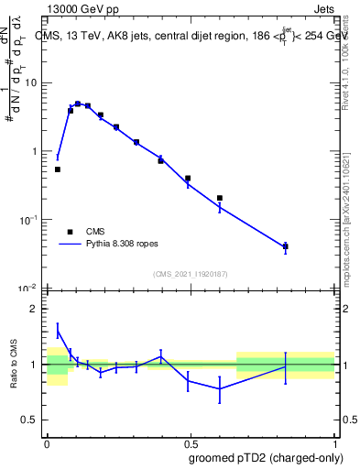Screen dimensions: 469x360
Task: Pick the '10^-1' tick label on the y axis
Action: [30, 220]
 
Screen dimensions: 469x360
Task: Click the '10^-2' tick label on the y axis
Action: [30, 289]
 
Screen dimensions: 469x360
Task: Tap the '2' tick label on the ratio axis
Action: [36, 309]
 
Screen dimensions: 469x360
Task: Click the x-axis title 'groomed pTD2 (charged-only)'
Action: [265, 457]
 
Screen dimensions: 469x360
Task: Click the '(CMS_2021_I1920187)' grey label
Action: [191, 274]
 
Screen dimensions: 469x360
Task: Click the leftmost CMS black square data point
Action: [58, 169]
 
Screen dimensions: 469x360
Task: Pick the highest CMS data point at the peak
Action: [78, 104]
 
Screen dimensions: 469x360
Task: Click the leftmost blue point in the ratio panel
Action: [58, 331]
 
